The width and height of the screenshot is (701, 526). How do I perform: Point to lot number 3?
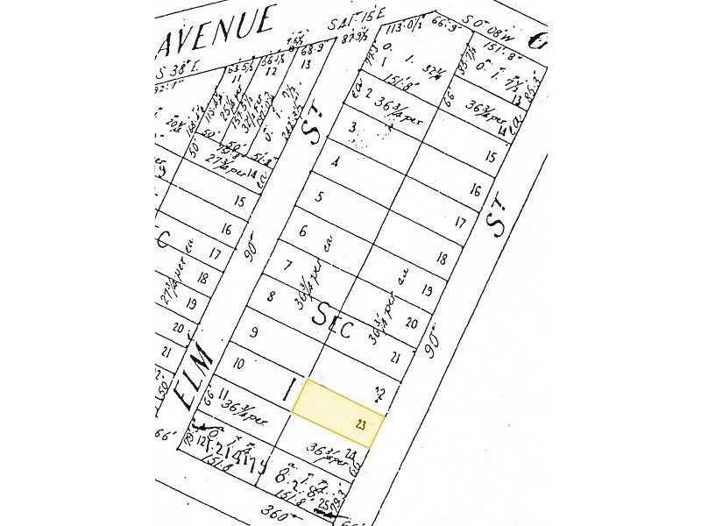352,128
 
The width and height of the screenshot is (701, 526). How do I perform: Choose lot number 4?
336,162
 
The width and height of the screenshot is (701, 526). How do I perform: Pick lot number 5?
320,197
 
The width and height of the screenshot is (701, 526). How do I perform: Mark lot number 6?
303,231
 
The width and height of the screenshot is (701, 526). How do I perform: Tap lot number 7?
287,265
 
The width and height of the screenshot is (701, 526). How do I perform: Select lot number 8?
272,296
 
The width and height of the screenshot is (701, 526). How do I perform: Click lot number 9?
253,331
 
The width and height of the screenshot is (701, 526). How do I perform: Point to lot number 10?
237,363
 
